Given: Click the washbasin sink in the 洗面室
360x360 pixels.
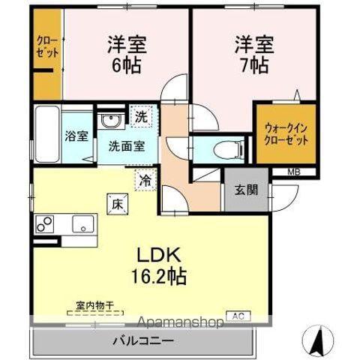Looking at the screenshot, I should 110,121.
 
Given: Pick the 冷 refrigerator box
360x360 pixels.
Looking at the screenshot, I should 144,180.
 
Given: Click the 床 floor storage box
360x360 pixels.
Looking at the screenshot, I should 118,202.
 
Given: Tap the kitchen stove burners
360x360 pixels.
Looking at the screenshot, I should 44,223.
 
